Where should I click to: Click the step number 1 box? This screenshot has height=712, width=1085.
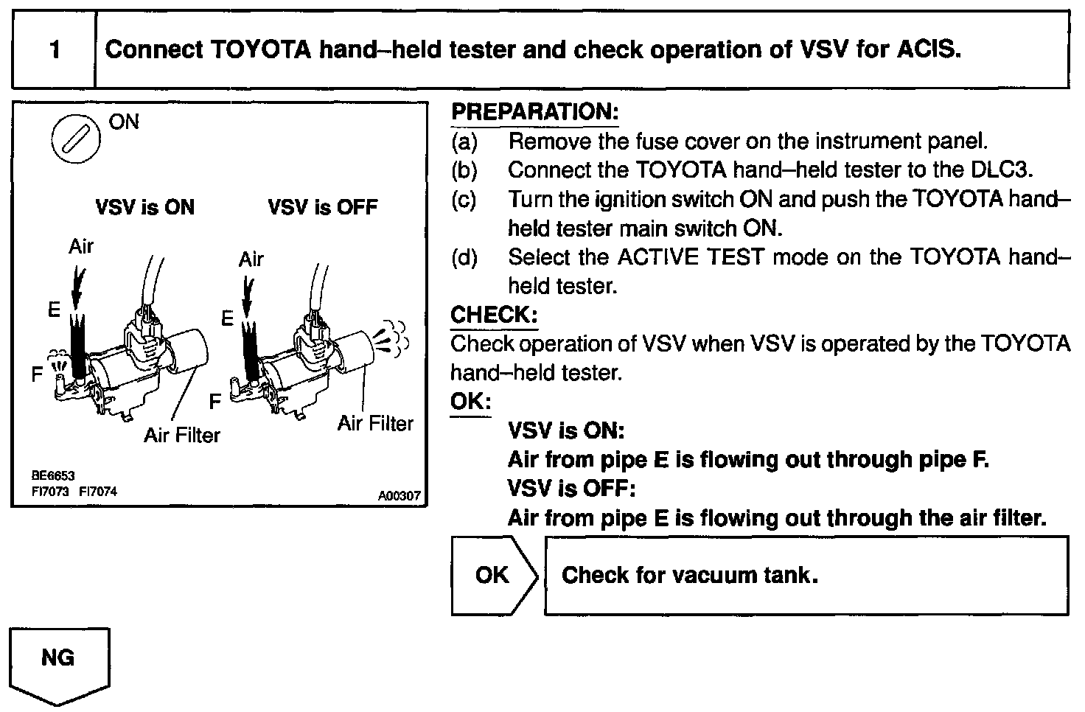[54, 50]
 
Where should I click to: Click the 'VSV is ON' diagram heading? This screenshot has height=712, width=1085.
[145, 207]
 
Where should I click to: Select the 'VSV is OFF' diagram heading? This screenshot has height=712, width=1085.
[323, 207]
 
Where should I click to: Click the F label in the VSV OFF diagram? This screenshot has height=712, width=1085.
[215, 402]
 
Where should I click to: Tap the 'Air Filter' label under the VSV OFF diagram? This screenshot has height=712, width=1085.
[375, 424]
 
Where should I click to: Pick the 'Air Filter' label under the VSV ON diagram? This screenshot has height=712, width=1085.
[182, 436]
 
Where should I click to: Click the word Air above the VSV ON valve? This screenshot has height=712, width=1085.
[81, 246]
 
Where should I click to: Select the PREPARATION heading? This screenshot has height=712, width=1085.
[534, 113]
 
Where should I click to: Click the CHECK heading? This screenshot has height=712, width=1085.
[494, 315]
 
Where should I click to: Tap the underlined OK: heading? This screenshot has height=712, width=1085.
[470, 402]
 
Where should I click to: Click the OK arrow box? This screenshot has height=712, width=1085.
[492, 576]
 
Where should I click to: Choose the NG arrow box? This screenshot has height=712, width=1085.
[59, 658]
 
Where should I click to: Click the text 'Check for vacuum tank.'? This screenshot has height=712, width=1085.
[690, 576]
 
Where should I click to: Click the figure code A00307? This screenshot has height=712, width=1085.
[399, 496]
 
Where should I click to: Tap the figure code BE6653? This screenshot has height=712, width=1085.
[54, 477]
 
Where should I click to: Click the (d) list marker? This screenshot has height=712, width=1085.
[464, 258]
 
